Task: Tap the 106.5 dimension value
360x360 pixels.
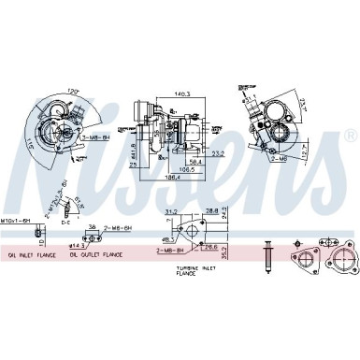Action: coord(187,169)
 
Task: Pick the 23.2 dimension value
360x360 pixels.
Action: coord(217,152)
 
